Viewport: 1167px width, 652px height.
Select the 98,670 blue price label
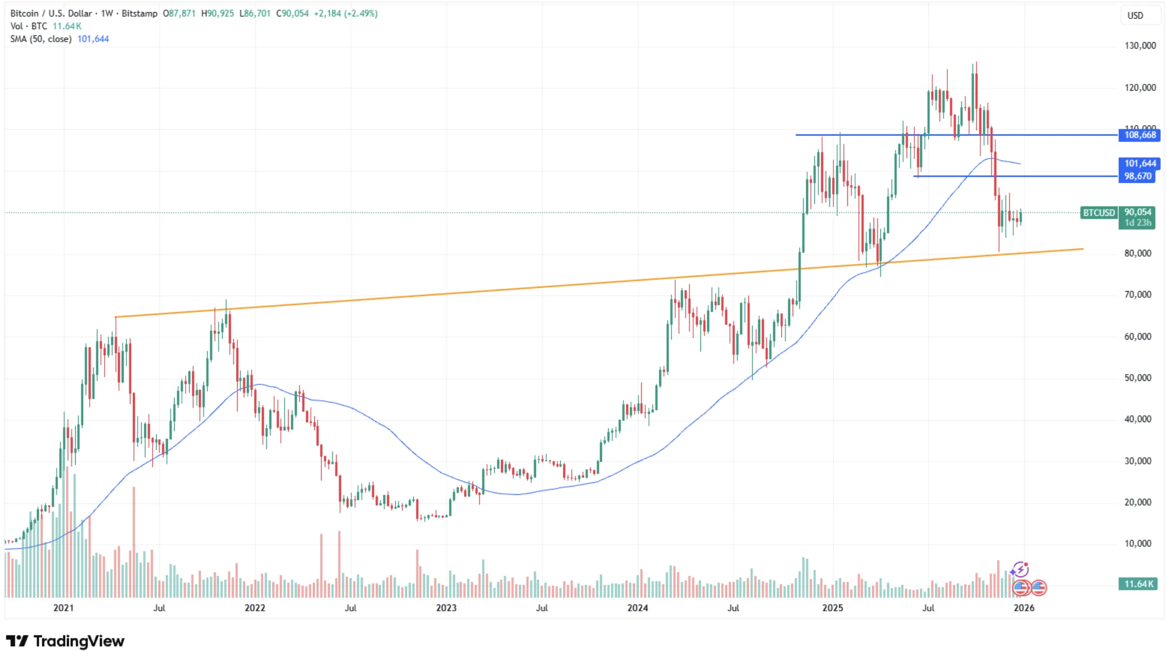point(1137,176)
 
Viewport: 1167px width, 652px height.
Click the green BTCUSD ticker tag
point(1099,212)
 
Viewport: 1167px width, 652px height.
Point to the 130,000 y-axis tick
point(1140,46)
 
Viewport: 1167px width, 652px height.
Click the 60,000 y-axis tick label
point(1137,336)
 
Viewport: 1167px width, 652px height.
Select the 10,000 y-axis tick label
point(1137,543)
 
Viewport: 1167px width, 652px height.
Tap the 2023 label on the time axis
point(446,608)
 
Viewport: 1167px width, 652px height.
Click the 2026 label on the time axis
point(1023,608)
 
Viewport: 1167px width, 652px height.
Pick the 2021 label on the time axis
point(63,608)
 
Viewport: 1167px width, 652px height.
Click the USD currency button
point(1135,16)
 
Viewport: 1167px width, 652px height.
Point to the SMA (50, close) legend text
point(41,39)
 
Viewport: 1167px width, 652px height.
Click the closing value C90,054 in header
point(292,14)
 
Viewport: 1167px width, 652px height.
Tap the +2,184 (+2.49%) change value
point(345,14)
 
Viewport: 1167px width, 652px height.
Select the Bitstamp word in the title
point(139,14)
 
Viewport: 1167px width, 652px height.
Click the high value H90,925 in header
point(217,14)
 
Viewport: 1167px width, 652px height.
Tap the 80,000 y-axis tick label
point(1137,253)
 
